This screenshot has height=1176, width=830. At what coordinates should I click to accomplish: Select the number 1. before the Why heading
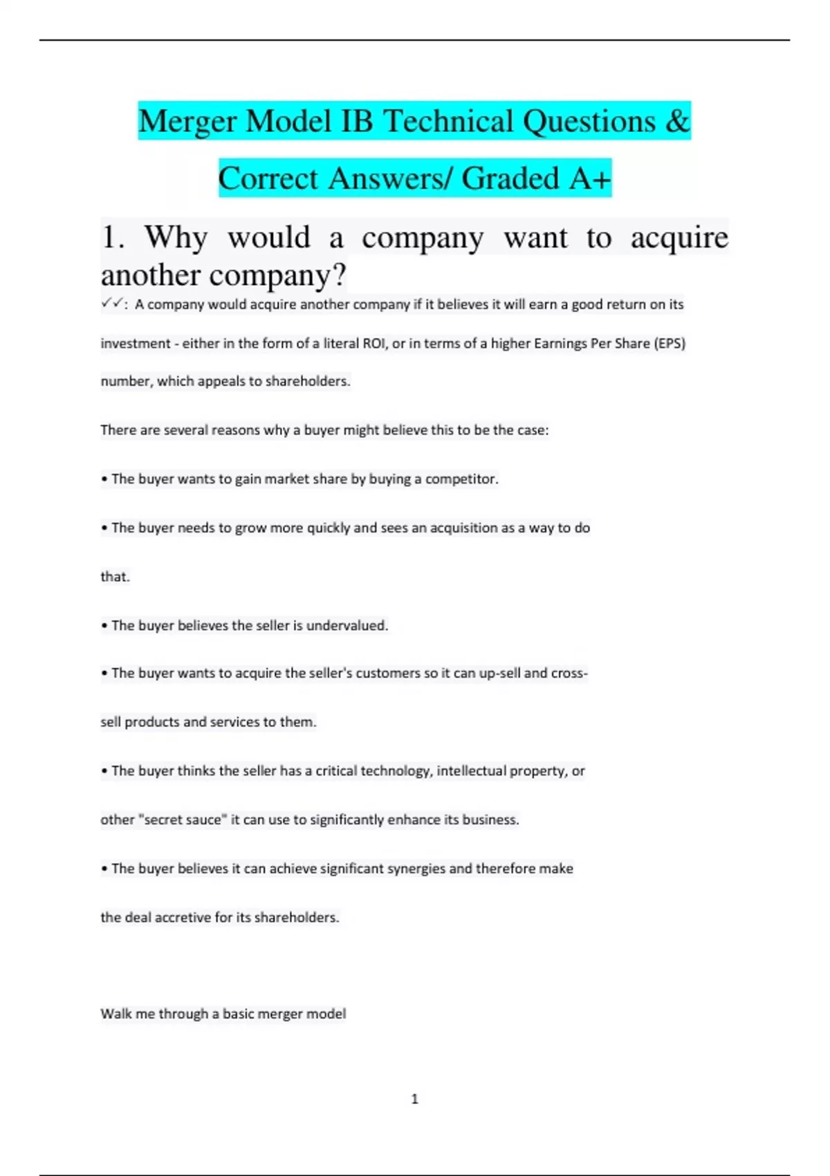(x=113, y=238)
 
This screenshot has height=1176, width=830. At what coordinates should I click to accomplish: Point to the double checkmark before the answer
(x=111, y=303)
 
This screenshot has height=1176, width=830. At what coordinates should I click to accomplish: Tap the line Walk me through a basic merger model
(x=223, y=1013)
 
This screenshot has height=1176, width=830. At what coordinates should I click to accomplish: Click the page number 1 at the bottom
(x=415, y=1099)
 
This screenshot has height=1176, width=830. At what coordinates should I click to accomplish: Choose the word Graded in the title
(x=510, y=178)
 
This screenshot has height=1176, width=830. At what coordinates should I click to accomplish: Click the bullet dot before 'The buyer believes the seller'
(x=104, y=626)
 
